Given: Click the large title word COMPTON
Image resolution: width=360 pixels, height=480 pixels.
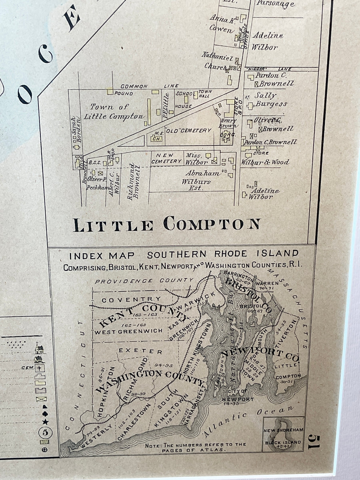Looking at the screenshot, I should (x=212, y=224).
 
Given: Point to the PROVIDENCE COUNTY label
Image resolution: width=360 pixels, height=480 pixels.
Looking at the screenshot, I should (x=144, y=281).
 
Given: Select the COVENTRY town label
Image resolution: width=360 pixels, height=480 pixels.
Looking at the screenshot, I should (x=132, y=299).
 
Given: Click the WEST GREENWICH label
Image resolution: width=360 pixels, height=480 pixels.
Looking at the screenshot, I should (x=128, y=331).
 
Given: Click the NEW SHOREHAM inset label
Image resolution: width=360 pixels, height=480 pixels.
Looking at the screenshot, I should (x=284, y=430).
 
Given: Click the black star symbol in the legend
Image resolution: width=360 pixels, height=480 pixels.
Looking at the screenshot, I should (x=45, y=422).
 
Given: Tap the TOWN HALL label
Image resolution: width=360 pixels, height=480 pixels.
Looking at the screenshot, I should (x=205, y=94).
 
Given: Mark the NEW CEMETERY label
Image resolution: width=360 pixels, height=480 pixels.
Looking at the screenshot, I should (x=166, y=158).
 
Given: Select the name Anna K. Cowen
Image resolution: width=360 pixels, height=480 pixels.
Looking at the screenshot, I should (x=221, y=24).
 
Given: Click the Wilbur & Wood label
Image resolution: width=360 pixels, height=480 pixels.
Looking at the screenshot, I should (x=265, y=162).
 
